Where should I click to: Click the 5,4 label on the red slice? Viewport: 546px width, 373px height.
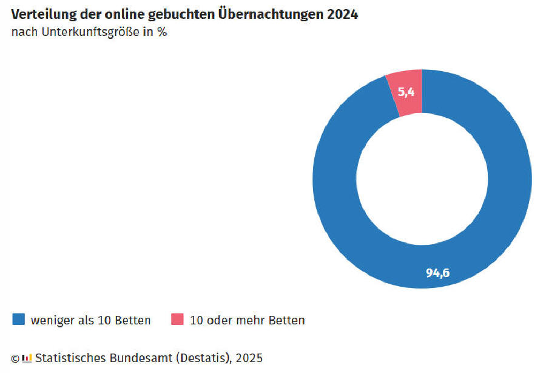(x=406, y=93)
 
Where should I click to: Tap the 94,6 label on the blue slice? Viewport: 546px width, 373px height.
(x=437, y=273)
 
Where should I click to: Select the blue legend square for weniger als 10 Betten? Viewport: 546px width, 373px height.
(x=19, y=320)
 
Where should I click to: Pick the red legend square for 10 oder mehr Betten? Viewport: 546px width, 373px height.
(x=177, y=320)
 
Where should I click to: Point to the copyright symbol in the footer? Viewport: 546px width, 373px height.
(x=15, y=358)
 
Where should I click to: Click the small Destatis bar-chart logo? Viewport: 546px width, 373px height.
(x=26, y=358)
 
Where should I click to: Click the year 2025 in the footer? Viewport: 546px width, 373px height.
(x=249, y=358)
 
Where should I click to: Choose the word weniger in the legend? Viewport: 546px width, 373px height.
(x=52, y=320)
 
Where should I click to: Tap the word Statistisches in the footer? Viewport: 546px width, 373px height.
(x=70, y=358)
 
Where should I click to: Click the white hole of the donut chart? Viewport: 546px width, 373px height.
(x=422, y=179)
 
